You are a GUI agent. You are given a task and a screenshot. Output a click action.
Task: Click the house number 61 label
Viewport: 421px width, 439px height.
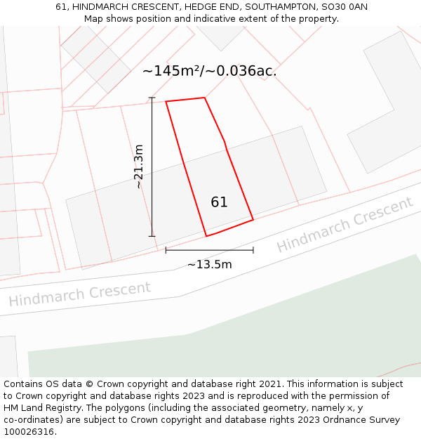coord(219,202)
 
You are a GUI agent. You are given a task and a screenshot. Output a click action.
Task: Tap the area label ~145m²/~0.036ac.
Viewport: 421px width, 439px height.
coord(209,71)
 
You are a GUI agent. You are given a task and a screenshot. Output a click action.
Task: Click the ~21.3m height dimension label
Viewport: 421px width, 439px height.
coord(138,166)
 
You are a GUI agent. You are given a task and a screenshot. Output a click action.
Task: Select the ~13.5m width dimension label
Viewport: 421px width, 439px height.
coord(209,265)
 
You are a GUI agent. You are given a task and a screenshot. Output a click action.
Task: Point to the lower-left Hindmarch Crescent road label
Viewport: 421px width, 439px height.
coord(79,293)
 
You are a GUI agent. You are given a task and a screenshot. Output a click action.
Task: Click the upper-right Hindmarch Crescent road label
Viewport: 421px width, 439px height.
coord(345,225)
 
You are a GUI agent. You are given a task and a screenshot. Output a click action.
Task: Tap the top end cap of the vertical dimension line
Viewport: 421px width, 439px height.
coord(152,98)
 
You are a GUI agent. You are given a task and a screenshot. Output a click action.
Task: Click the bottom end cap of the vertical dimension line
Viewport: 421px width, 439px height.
coord(152,236)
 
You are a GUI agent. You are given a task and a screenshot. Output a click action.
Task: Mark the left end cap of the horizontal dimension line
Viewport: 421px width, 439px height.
coord(166,249)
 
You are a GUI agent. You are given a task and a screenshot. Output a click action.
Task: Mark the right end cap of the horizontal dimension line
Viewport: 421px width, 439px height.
coord(253,249)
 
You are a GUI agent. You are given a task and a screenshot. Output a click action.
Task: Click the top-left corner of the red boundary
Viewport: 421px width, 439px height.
coord(166,102)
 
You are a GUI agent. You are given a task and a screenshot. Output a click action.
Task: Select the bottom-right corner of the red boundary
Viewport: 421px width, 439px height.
coord(253,220)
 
